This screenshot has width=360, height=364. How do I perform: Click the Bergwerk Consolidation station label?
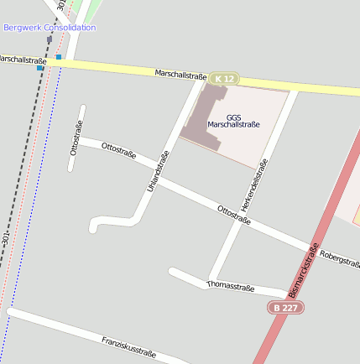pyautogui.click(x=50, y=27)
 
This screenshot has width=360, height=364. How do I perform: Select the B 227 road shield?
pyautogui.click(x=286, y=308)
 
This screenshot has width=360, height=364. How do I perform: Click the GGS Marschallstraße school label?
pyautogui.click(x=233, y=121)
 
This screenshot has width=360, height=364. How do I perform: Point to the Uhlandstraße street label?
pyautogui.click(x=158, y=171)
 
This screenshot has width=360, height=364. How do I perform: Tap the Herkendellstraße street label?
pyautogui.click(x=253, y=185)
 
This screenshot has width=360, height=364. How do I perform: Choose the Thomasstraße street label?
pyautogui.click(x=230, y=287)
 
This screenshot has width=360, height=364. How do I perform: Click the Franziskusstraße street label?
pyautogui.click(x=128, y=347)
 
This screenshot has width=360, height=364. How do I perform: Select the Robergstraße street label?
pyautogui.click(x=340, y=258)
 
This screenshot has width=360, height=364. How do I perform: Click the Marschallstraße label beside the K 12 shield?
pyautogui.click(x=180, y=75)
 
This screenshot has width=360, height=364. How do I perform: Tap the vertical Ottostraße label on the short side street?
pyautogui.click(x=76, y=139)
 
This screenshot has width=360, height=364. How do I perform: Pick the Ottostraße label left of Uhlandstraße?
pyautogui.click(x=117, y=151)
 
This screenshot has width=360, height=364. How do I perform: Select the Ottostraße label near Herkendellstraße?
pyautogui.click(x=233, y=215)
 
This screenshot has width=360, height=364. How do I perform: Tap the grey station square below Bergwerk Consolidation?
pyautogui.click(x=50, y=39)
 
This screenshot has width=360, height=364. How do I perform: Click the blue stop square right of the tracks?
pyautogui.click(x=59, y=57)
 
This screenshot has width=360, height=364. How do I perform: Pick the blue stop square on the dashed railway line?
pyautogui.click(x=39, y=68)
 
